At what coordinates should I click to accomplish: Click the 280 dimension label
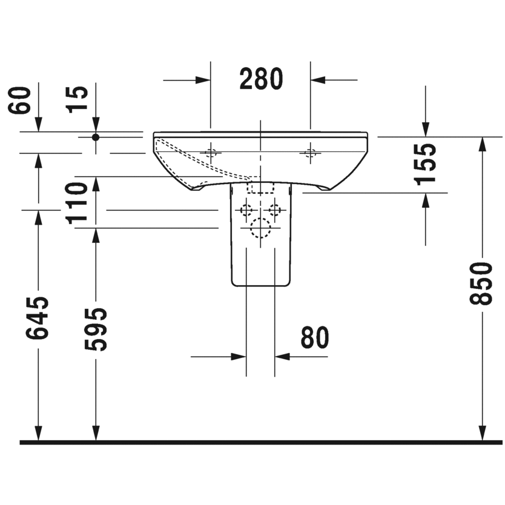pos(260,79)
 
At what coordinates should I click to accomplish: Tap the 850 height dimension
pos(482,284)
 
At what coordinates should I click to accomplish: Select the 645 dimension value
pos(38,317)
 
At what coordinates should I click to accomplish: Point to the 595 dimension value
pos(96,329)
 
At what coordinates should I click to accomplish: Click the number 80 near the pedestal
pos(315,337)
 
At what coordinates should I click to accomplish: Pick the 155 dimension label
pos(426,163)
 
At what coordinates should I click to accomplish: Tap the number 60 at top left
pos(21,100)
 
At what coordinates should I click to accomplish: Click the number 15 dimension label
pos(78,99)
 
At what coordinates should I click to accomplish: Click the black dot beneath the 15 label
pos(95,137)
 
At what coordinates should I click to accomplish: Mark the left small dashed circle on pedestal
pos(246,210)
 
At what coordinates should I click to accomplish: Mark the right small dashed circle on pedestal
pos(275,210)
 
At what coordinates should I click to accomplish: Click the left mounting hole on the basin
pos(211,152)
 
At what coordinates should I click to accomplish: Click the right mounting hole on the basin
pos(310,152)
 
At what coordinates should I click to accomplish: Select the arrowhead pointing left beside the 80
pos(282,357)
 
